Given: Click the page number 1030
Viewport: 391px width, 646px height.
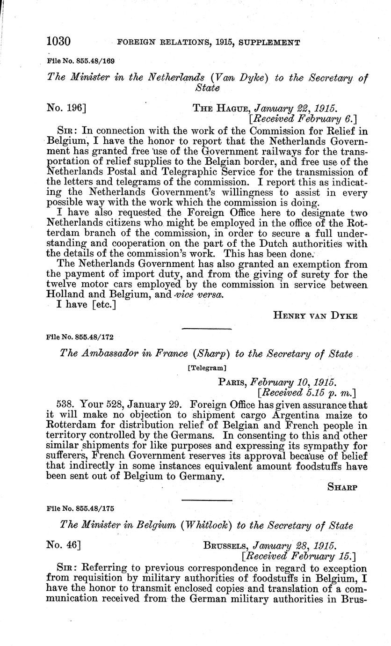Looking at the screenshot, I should [58, 42].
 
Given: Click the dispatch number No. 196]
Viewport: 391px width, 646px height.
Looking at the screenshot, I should [66, 108].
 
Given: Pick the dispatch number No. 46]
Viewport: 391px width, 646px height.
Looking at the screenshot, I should [63, 545].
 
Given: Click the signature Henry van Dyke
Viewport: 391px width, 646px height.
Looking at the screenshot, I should [315, 316].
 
